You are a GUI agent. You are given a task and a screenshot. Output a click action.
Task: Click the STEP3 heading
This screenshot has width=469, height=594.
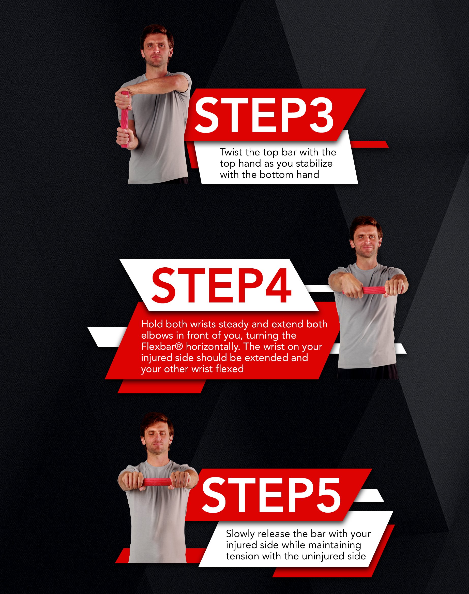click(x=264, y=115)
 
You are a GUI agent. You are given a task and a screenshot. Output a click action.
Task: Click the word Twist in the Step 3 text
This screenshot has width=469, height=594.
click(x=231, y=152)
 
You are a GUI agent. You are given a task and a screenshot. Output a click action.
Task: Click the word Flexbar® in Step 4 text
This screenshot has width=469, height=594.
click(x=162, y=346)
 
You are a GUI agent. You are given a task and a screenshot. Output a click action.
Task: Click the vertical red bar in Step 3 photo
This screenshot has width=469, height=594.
click(x=125, y=120)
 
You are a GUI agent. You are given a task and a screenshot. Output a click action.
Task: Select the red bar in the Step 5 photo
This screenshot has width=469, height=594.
click(x=157, y=482)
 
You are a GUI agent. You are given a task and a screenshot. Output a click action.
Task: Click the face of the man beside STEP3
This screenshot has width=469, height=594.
click(x=155, y=51)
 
